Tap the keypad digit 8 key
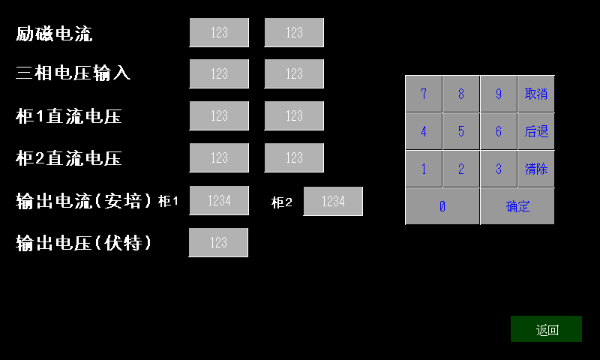(x=460, y=94)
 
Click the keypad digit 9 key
(x=498, y=94)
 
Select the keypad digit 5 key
(x=460, y=131)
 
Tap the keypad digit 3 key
(x=498, y=169)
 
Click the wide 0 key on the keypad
(x=442, y=206)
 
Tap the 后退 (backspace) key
(x=536, y=131)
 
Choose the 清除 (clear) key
(x=536, y=169)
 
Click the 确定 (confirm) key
(x=517, y=206)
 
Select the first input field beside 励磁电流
(x=219, y=32)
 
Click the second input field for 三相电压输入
(x=294, y=73)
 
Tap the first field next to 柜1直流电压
(x=219, y=116)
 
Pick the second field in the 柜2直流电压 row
(x=294, y=157)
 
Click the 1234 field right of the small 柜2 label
(x=333, y=201)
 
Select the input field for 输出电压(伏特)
(x=218, y=242)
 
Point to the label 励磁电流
(x=54, y=33)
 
